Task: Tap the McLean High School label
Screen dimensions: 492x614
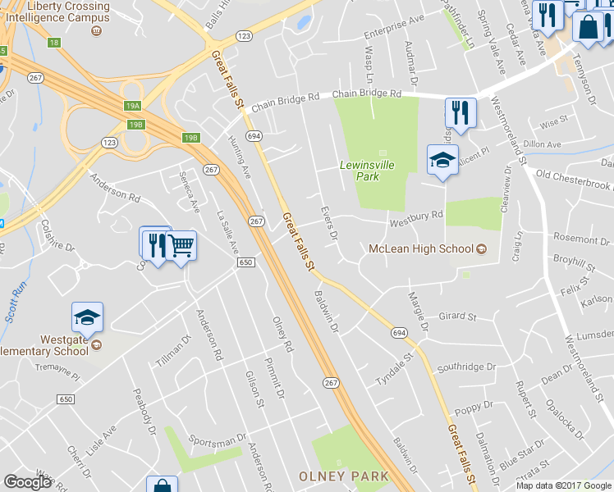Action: tap(421, 248)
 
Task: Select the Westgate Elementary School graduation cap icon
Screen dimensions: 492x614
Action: tap(88, 317)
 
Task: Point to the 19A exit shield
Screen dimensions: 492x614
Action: tap(133, 106)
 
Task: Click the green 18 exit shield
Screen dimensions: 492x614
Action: tap(54, 42)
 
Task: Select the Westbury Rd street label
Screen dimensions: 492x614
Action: tap(416, 216)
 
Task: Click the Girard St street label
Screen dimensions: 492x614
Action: tap(458, 316)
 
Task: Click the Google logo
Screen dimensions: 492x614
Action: tap(28, 482)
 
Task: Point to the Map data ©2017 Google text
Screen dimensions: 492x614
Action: tap(563, 485)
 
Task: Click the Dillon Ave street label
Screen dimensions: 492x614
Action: tap(543, 144)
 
